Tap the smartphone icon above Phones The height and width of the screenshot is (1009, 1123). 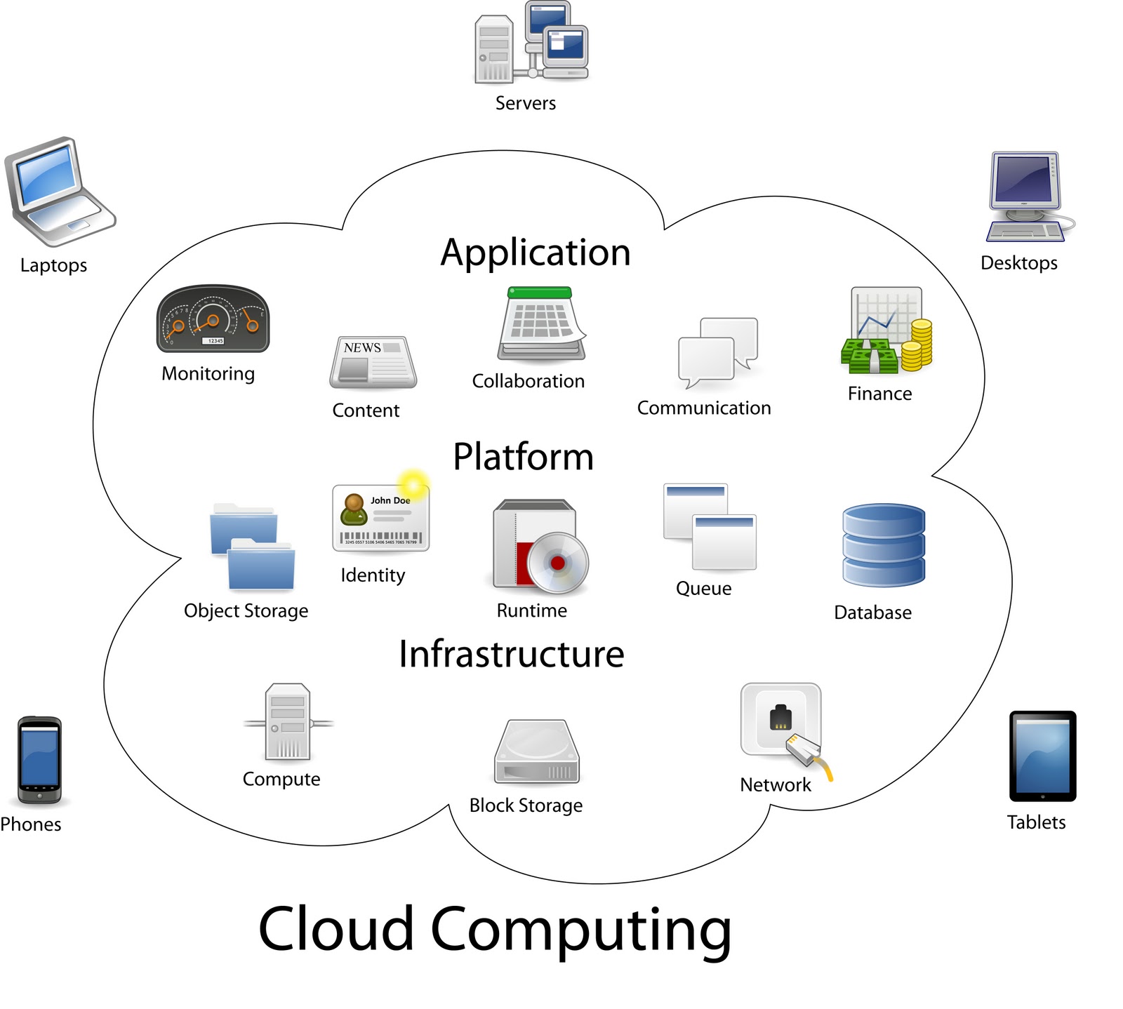(x=39, y=760)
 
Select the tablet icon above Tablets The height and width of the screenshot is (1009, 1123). (x=1042, y=756)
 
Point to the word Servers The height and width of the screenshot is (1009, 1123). (x=525, y=103)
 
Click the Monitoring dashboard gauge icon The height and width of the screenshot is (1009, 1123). (x=212, y=319)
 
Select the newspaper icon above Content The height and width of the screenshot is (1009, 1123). (x=373, y=362)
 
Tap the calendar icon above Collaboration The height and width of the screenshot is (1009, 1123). (x=541, y=323)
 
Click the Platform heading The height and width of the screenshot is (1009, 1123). (x=523, y=457)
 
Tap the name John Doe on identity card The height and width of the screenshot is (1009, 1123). (x=390, y=500)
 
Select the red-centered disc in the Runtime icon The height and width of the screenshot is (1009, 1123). (x=557, y=563)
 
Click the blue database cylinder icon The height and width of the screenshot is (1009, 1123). (x=883, y=544)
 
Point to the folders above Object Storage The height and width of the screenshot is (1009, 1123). (x=253, y=547)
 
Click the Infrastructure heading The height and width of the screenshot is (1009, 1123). (x=511, y=654)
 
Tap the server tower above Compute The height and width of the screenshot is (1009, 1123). (x=288, y=723)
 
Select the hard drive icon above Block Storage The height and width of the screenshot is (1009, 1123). (x=537, y=752)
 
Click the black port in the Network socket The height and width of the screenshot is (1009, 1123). (x=780, y=717)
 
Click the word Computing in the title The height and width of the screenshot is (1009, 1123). (x=580, y=929)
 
